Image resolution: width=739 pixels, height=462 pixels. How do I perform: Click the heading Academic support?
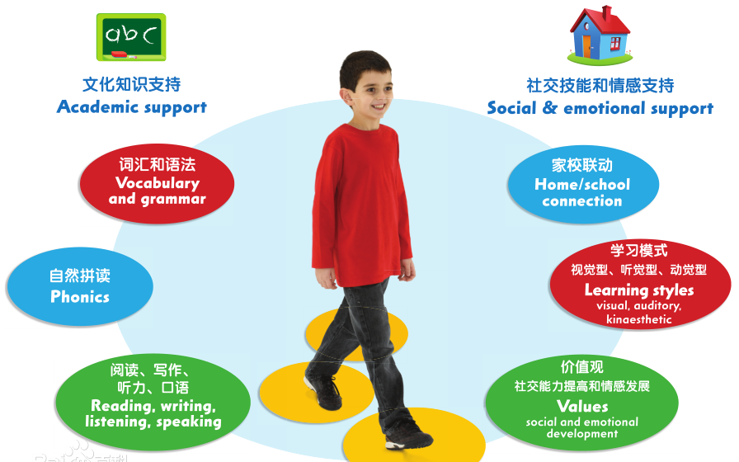132,107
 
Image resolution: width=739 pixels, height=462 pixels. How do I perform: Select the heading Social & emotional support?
600,108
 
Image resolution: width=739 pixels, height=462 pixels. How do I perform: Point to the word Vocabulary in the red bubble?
158,183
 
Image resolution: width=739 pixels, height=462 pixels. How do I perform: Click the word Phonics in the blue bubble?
80,297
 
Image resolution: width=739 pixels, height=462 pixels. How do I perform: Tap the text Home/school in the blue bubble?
582,185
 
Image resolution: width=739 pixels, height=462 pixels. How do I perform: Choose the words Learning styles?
639,290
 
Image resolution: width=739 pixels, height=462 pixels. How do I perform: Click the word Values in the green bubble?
582,406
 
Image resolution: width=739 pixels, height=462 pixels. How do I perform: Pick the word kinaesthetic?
639,319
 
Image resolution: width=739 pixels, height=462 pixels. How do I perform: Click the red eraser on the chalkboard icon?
119,54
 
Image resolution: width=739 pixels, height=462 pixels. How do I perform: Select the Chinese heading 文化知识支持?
132,84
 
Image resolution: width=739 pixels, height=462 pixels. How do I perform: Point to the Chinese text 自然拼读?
80,276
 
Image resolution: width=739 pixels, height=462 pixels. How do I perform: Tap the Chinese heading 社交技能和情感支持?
600,85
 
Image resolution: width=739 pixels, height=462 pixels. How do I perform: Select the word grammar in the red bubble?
173,199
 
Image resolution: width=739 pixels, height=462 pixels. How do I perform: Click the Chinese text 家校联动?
582,165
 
